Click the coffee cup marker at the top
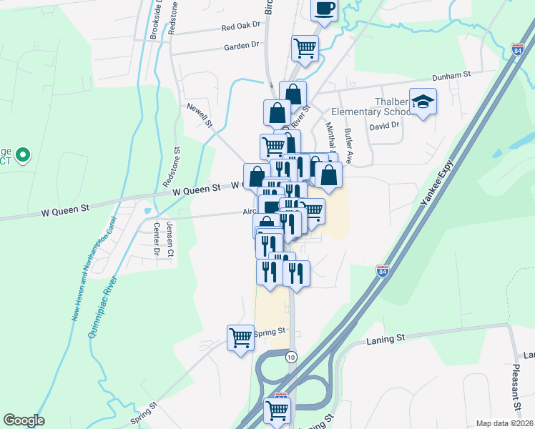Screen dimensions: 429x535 point(324,9)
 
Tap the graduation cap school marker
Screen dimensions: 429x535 point(423,102)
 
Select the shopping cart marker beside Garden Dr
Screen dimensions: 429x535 point(305,49)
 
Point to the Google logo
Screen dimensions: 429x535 point(24,420)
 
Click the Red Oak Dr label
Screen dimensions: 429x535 point(241,26)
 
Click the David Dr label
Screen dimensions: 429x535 point(383,126)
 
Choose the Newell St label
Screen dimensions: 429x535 point(200,114)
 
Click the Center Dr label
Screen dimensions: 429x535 point(156,239)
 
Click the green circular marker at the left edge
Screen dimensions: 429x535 point(22,154)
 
